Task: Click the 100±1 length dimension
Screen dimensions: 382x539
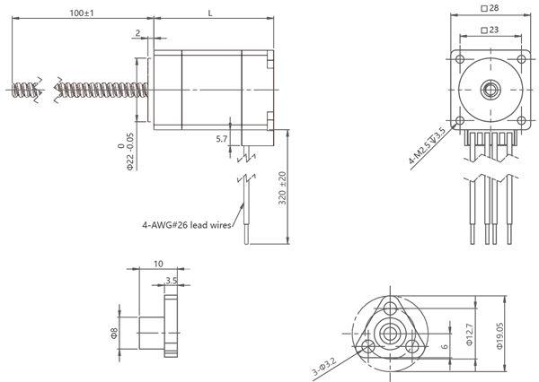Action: [82, 13]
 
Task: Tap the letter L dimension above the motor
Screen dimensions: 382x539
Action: [209, 13]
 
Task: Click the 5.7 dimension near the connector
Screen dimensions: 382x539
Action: [222, 139]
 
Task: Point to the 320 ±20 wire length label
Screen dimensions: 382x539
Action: [281, 188]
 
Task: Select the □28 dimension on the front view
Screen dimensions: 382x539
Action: [490, 7]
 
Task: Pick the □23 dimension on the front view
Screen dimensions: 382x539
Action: [490, 30]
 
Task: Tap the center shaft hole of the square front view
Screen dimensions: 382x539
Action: [490, 88]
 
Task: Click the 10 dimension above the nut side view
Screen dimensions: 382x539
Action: [158, 265]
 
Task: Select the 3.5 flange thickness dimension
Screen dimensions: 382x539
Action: [171, 282]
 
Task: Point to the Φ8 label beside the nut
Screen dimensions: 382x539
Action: [115, 333]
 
